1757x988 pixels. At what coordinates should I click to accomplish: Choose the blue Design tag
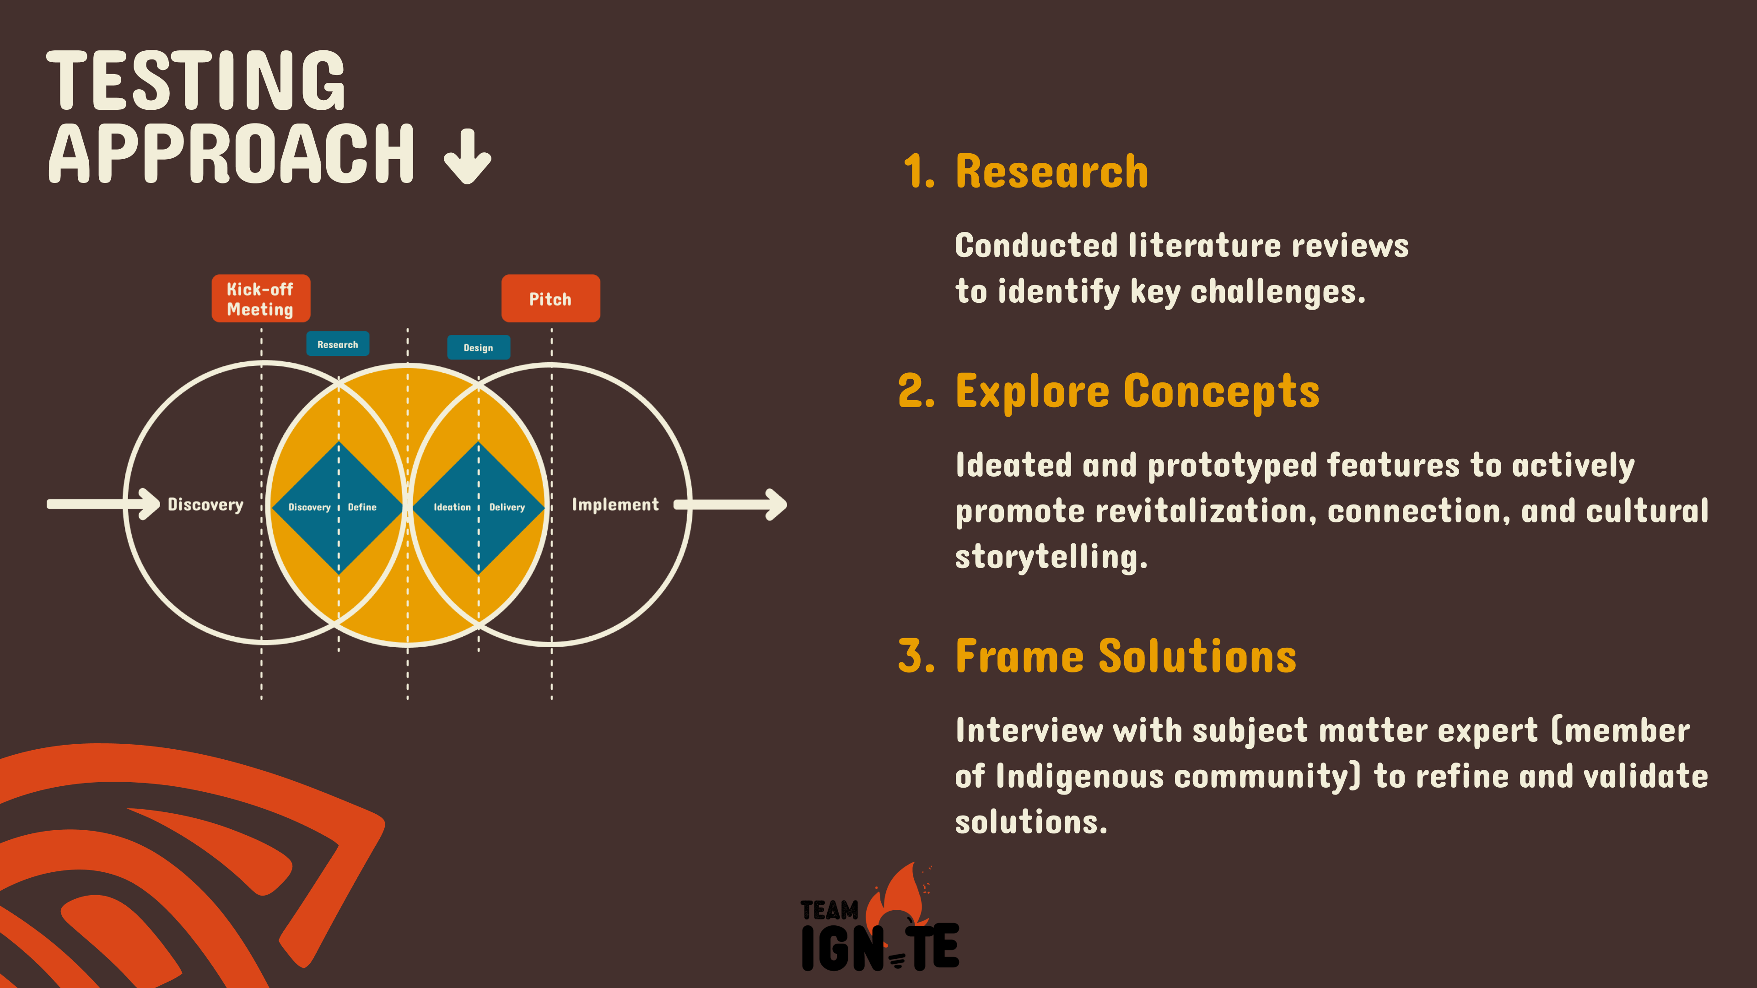(x=478, y=347)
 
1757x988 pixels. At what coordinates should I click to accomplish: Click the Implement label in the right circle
(x=615, y=505)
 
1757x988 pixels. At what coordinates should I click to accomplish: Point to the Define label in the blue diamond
(x=362, y=507)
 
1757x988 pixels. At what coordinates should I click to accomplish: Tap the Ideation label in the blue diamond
(x=452, y=507)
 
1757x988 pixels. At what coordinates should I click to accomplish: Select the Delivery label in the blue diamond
(x=507, y=507)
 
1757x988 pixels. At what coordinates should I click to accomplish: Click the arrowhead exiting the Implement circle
(x=776, y=505)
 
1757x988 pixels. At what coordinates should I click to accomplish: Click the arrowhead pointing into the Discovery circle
(x=149, y=504)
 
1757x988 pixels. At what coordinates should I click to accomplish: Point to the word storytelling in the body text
(x=1051, y=557)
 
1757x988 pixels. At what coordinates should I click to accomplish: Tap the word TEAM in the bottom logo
(x=830, y=910)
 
